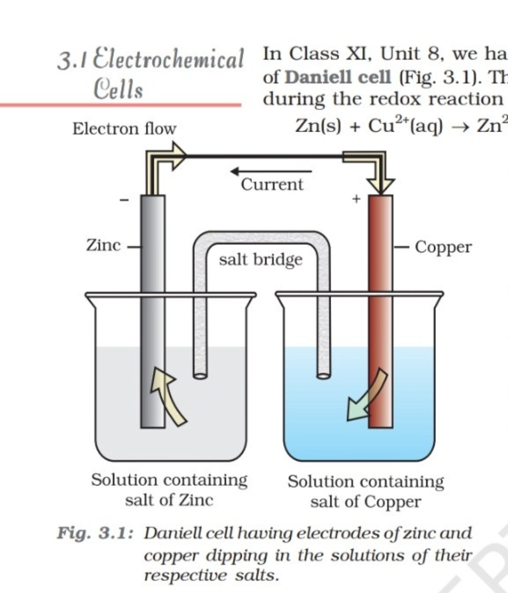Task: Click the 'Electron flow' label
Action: click(124, 128)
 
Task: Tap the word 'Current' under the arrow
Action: click(272, 184)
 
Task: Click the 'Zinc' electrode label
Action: click(103, 245)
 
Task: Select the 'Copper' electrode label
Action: click(443, 247)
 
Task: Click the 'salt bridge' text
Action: click(261, 259)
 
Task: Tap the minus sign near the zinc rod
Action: click(124, 201)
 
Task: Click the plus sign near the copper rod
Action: click(356, 199)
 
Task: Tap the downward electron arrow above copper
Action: click(379, 174)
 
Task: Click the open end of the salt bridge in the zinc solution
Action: click(200, 375)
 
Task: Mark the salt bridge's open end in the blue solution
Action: click(324, 375)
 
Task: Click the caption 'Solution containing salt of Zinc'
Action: click(169, 490)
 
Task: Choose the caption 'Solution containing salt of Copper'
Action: click(365, 491)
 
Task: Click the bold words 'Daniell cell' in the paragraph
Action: click(338, 77)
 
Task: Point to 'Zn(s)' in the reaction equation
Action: click(318, 126)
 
